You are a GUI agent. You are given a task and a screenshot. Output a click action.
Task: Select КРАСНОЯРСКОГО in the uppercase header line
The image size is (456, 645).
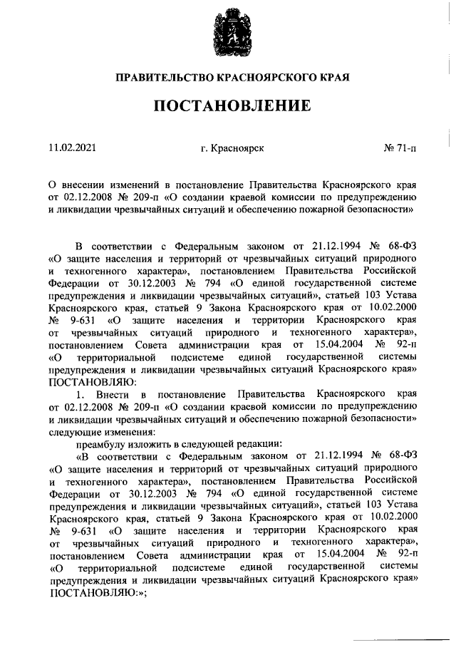point(263,76)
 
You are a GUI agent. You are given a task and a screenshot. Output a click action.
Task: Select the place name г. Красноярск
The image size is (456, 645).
point(232,148)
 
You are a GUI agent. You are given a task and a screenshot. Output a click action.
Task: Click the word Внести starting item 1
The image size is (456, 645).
point(112,394)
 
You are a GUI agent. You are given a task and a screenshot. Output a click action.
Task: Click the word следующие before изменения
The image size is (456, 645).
point(77,430)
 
